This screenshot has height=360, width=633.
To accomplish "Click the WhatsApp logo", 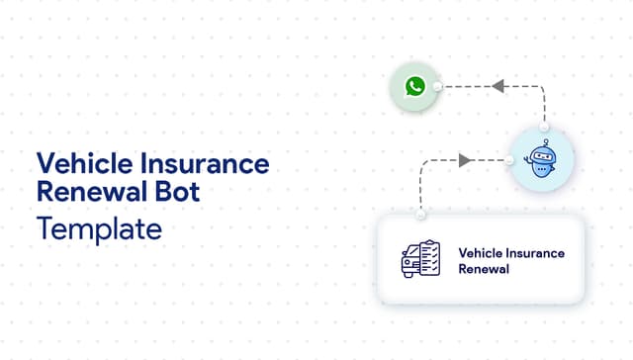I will point(414,87).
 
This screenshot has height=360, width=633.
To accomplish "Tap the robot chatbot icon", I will point(543,160).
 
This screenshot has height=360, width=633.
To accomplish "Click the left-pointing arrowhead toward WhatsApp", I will point(498,87).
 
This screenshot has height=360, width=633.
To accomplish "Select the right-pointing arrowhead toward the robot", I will point(465,160).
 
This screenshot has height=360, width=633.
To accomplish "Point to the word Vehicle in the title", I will point(78,163).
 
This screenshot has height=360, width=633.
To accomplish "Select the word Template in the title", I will point(98,228).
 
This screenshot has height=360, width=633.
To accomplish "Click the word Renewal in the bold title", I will point(91,192).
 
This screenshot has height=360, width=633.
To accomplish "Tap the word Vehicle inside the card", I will point(478,253).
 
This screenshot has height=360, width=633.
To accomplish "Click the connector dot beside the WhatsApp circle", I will point(437,87).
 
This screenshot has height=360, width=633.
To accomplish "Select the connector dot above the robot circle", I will point(543,128).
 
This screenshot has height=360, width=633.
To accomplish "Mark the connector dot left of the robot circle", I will point(510,160).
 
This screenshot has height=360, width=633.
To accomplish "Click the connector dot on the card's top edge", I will point(421,215).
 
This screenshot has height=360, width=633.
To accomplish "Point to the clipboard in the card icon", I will point(427,257).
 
